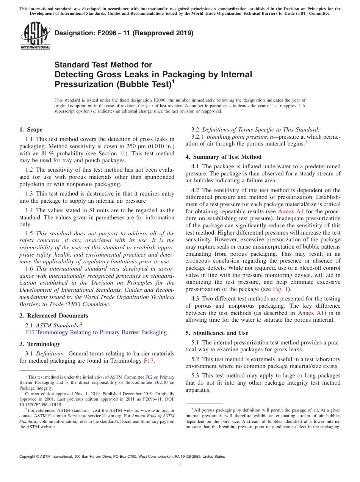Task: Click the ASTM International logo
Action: click(x=35, y=36)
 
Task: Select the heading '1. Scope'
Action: click(x=31, y=130)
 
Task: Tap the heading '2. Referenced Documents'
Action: click(x=53, y=316)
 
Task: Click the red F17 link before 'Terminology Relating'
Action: click(x=30, y=332)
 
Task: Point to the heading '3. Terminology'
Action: click(x=39, y=344)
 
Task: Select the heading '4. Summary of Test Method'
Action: click(x=223, y=157)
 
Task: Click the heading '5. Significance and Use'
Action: click(x=217, y=333)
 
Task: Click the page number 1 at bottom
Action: click(x=180, y=466)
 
